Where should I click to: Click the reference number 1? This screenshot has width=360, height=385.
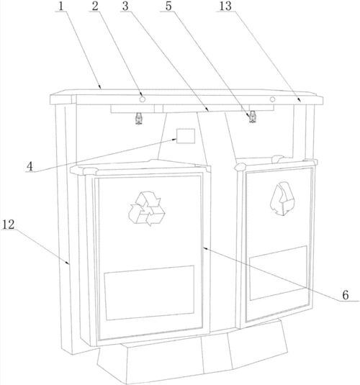point(61,6)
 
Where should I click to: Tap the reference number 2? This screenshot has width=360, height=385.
point(95,6)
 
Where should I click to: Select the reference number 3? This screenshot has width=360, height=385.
point(125,6)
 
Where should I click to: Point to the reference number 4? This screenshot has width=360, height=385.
point(30,166)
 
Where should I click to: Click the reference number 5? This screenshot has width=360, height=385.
point(168,6)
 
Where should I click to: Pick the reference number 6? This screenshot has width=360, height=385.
point(346,295)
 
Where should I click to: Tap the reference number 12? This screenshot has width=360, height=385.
point(9,225)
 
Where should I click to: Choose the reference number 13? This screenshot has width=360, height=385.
point(225,6)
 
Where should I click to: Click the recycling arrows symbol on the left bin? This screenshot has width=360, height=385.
point(147,209)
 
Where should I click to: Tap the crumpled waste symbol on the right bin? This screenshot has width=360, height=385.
point(282,199)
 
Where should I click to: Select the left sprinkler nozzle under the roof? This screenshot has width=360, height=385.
point(139,118)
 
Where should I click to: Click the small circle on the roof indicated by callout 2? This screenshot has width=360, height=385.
point(143,99)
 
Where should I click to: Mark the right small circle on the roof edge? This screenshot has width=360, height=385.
point(272,99)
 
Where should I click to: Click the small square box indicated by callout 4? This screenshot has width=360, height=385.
point(186,136)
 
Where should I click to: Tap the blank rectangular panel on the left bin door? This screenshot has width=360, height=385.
point(150,293)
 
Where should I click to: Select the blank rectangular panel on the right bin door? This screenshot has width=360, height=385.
point(279,273)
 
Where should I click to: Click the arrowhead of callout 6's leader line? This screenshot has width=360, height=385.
point(204,248)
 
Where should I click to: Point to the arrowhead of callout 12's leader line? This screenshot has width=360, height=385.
point(68,263)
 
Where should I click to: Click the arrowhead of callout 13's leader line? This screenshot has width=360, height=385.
point(300,100)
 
